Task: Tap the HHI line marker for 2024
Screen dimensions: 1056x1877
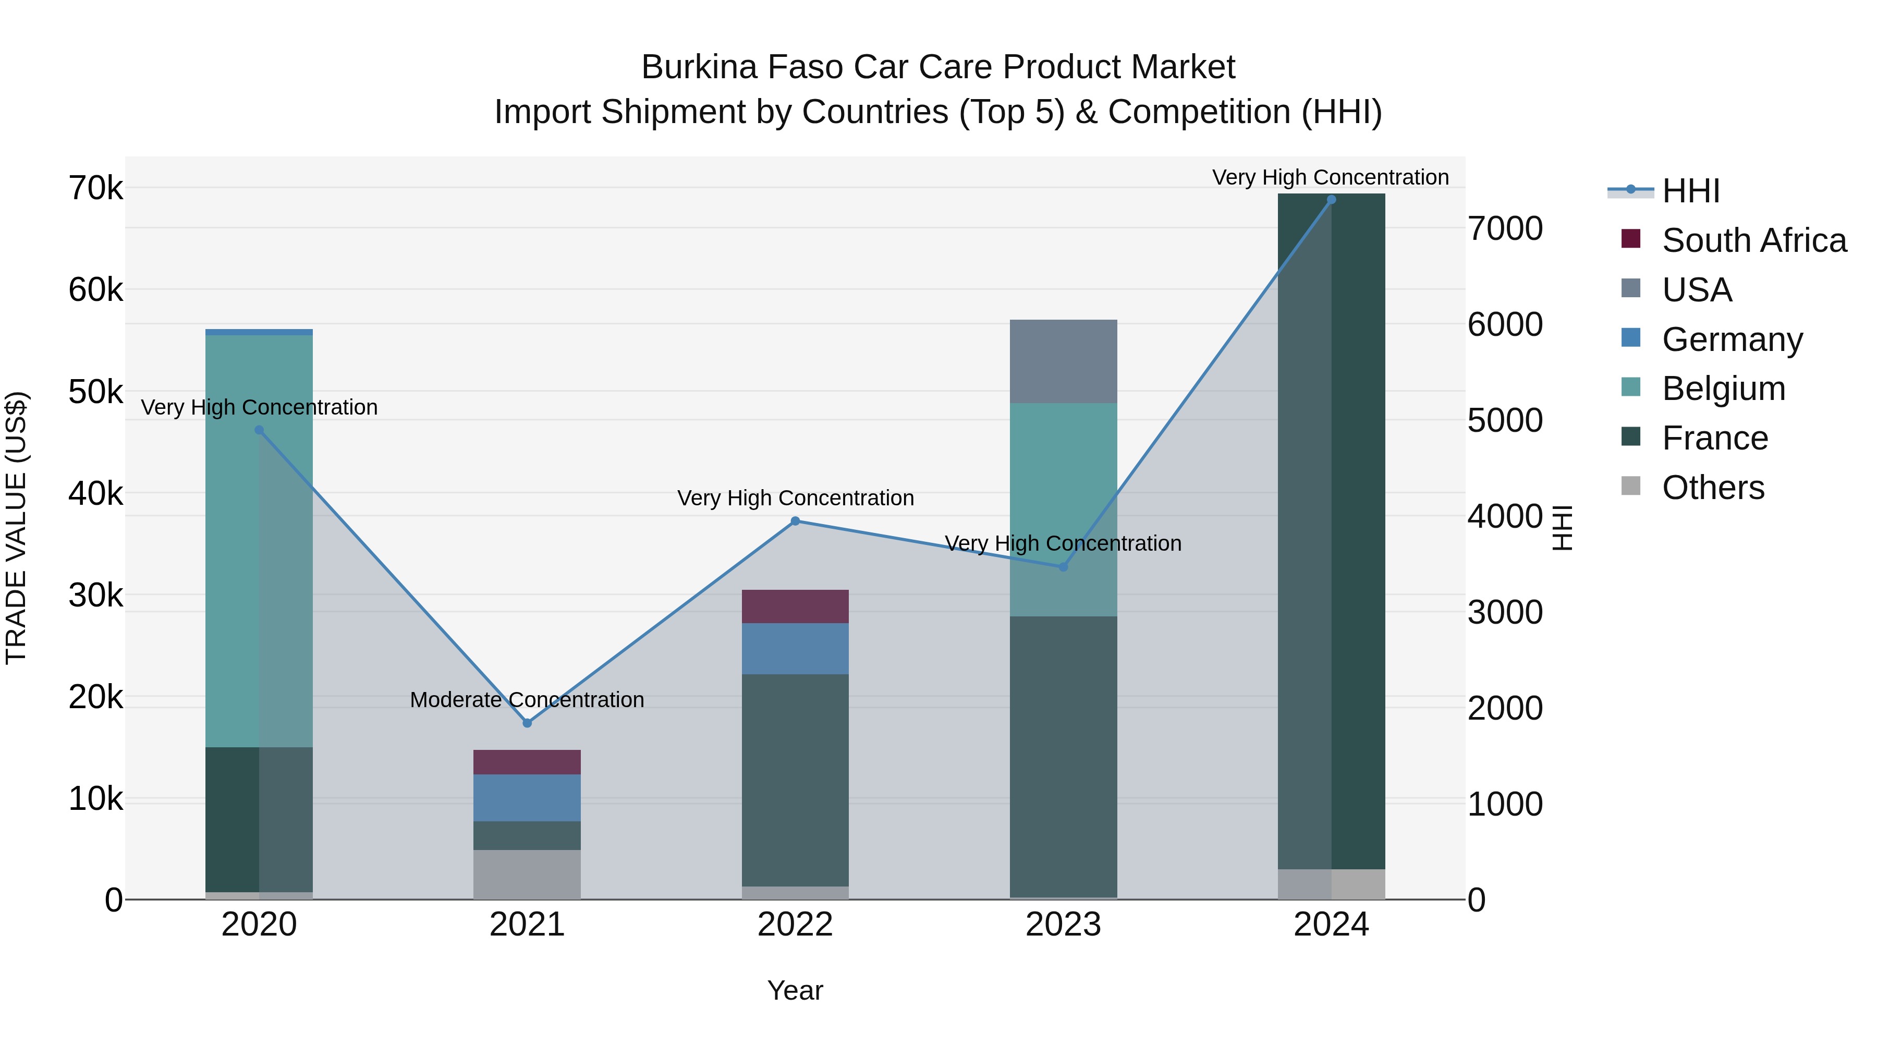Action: (1331, 200)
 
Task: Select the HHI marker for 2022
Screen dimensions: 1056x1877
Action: (795, 521)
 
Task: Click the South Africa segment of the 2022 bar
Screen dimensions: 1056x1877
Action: (795, 606)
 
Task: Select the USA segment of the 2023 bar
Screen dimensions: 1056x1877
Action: (1063, 361)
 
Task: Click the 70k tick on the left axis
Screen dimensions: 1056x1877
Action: (95, 188)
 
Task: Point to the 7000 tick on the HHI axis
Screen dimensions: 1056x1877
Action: (1505, 229)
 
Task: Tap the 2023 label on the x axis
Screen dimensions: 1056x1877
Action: (1063, 925)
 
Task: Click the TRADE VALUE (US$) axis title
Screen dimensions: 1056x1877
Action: (16, 528)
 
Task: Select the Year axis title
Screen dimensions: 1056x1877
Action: (795, 990)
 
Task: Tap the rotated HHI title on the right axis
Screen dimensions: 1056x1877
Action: (1562, 528)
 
